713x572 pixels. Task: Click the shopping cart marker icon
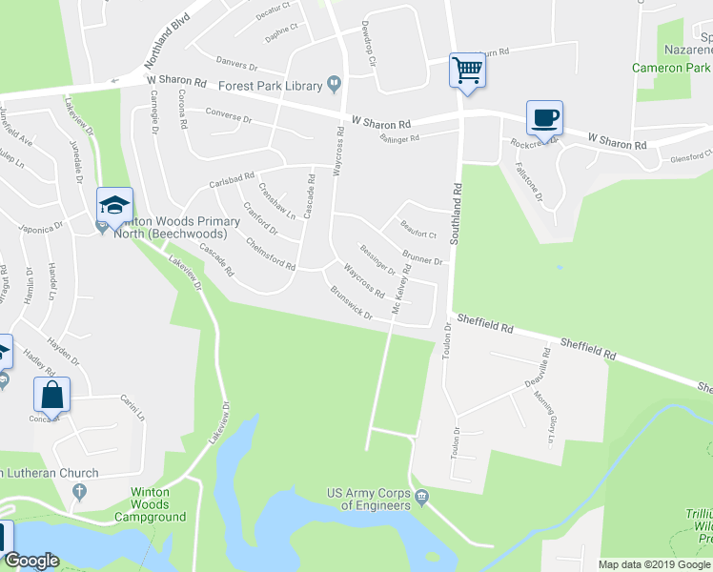[x=467, y=71]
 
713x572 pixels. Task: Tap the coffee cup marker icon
[x=544, y=118]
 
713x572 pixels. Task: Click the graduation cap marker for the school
[x=114, y=205]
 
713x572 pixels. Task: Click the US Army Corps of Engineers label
[x=372, y=499]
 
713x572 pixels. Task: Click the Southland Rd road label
[x=456, y=215]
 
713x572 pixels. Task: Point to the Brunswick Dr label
[x=351, y=303]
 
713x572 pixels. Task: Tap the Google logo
[x=31, y=561]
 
